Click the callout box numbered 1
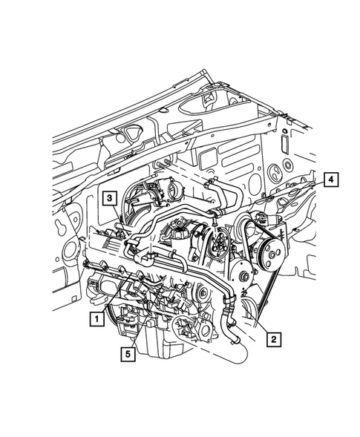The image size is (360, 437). (95, 319)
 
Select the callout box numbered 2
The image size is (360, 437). (274, 339)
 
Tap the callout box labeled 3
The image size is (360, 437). (108, 198)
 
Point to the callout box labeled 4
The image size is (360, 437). (330, 179)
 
